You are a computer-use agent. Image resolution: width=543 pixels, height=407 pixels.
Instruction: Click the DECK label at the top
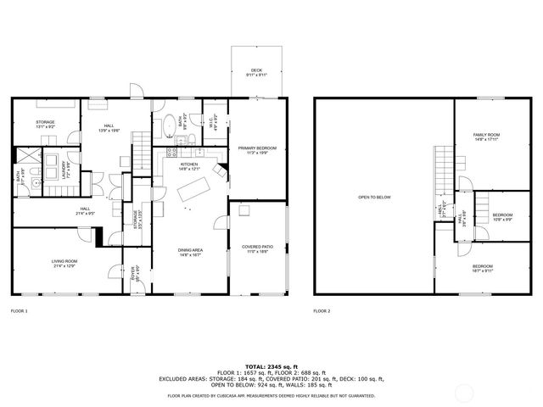point(256,72)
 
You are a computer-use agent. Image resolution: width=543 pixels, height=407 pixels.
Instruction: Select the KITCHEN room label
point(189,165)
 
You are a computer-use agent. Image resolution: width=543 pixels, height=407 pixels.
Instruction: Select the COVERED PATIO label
point(256,249)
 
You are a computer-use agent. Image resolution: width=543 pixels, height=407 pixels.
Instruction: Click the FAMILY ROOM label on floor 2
point(486,137)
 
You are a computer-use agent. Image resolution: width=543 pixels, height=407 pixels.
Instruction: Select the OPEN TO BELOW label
point(373,197)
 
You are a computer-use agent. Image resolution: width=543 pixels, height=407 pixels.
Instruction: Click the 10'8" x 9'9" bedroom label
point(502,216)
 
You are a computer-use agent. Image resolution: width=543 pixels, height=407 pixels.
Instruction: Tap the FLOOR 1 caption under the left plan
point(19,311)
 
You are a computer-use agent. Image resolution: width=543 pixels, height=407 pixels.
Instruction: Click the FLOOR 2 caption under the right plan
point(322,311)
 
